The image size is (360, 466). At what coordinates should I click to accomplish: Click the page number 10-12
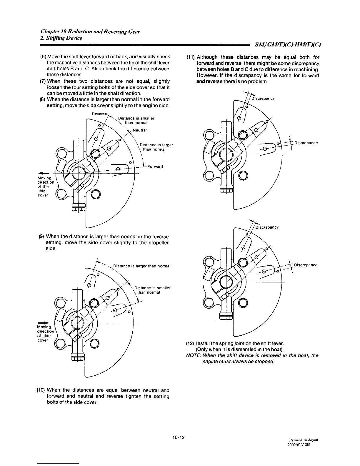tap(179, 437)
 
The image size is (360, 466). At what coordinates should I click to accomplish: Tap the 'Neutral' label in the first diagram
tap(140, 130)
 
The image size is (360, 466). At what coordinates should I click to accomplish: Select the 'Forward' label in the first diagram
tap(155, 167)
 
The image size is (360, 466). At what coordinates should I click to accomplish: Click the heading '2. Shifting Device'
tap(61, 38)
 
